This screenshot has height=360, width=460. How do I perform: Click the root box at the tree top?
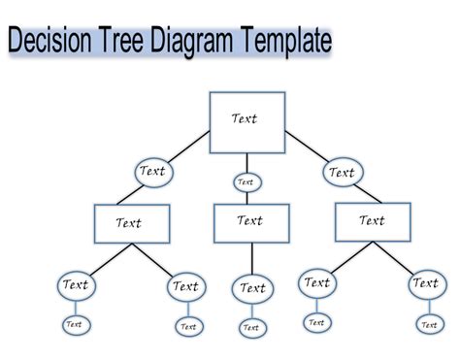[246, 121]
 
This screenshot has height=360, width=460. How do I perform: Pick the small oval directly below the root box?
[246, 181]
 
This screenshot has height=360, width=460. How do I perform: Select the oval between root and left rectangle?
[153, 172]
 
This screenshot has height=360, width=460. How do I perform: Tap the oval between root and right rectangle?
[341, 173]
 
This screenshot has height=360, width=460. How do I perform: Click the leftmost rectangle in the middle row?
[131, 223]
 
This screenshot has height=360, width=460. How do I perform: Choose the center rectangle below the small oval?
[251, 222]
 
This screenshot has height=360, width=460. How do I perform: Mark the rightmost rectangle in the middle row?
[373, 221]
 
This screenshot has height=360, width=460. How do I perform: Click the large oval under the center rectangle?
[252, 288]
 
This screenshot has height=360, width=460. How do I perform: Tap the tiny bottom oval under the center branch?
[251, 328]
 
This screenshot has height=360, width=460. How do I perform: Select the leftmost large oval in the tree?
[76, 285]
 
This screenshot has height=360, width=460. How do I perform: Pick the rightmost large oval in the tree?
[425, 283]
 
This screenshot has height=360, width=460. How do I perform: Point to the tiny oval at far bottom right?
[427, 324]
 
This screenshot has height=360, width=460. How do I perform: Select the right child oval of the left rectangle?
[184, 286]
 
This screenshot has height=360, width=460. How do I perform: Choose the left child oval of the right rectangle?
[316, 283]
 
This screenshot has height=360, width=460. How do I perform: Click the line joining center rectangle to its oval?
[251, 258]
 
